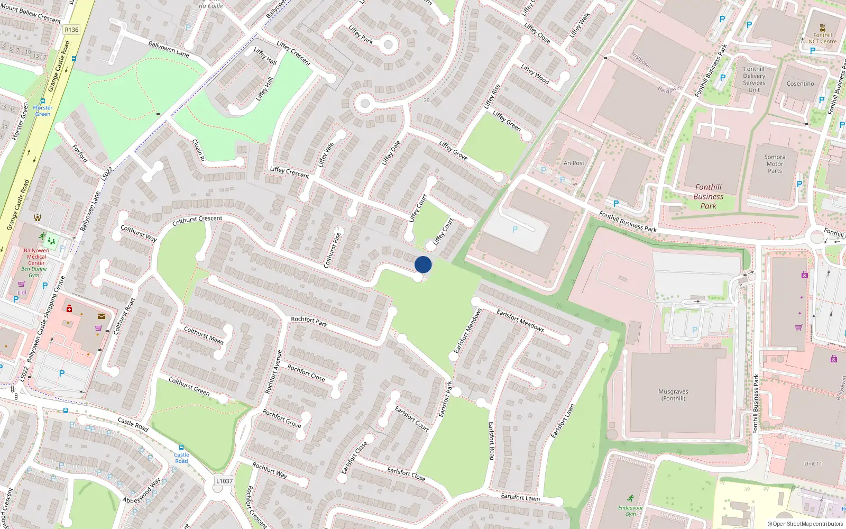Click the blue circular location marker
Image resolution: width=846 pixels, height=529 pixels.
(423, 264)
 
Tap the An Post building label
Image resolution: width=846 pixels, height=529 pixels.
(574, 163)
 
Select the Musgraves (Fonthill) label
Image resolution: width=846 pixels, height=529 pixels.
(673, 395)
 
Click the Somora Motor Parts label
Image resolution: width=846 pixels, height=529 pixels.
(775, 164)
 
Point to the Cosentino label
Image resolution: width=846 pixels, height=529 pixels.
(800, 84)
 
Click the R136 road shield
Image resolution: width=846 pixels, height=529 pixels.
(71, 30)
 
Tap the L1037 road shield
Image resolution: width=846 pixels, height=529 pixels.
(224, 481)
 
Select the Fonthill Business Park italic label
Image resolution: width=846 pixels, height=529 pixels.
(708, 196)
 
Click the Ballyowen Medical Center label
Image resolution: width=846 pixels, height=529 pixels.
(36, 257)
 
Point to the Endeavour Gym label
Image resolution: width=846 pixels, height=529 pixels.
(631, 510)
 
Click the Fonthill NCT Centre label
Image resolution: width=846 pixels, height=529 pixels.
(822, 38)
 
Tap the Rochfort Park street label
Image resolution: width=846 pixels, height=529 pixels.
(309, 321)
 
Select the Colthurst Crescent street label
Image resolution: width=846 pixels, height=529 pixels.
(197, 220)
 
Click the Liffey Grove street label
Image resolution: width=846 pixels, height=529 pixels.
(453, 151)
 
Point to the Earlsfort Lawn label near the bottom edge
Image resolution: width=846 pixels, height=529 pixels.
(520, 497)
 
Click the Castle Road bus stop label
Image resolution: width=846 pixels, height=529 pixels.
(181, 458)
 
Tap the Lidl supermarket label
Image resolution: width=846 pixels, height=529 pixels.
(22, 292)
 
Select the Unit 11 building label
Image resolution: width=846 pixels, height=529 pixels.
(813, 464)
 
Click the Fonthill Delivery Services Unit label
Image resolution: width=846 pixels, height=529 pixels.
(754, 79)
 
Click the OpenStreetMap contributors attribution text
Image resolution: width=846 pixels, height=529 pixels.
(805, 524)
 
